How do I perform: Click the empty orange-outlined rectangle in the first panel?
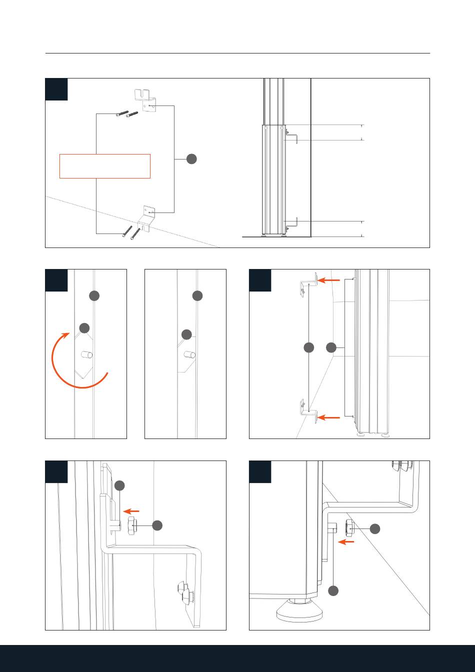105,166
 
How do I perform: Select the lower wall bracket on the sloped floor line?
147,218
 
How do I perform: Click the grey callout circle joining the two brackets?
191,159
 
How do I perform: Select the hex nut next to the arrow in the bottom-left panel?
132,526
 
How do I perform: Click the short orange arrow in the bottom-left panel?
131,511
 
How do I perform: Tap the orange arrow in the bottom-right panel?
346,541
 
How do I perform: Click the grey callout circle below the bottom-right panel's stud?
333,590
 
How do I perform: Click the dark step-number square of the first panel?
56,89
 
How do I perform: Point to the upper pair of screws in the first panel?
126,114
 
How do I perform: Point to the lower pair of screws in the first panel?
130,232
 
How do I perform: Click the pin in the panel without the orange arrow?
189,355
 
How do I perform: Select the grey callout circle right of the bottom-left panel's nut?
157,525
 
